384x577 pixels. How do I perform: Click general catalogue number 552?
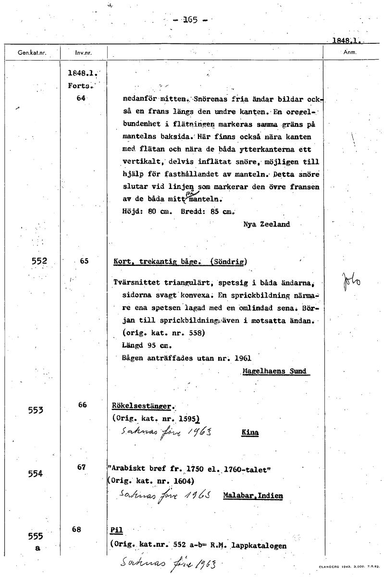point(39,261)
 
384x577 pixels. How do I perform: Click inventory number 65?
point(84,261)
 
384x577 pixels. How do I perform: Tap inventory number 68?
point(77,529)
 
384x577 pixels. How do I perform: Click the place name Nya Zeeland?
point(267,224)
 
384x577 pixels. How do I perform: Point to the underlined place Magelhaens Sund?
point(274,371)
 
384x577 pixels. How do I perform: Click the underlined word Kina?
point(250,432)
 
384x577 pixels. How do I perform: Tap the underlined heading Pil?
point(116,530)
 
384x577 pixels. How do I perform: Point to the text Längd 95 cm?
point(140,345)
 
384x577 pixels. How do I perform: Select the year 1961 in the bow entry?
point(242,358)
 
